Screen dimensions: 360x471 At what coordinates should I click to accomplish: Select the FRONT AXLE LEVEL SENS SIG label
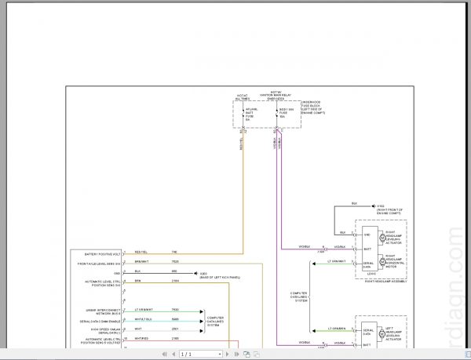(x=100, y=263)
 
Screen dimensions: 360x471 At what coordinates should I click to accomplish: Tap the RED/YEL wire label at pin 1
(x=141, y=251)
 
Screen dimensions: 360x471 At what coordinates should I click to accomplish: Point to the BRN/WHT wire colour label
(x=141, y=261)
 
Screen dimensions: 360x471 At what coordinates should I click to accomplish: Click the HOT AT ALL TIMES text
(x=243, y=98)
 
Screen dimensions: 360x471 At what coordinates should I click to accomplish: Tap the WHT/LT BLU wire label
(x=143, y=319)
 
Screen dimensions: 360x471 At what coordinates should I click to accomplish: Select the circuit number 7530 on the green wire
(x=174, y=310)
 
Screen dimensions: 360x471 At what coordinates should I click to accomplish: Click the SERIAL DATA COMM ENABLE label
(x=100, y=321)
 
